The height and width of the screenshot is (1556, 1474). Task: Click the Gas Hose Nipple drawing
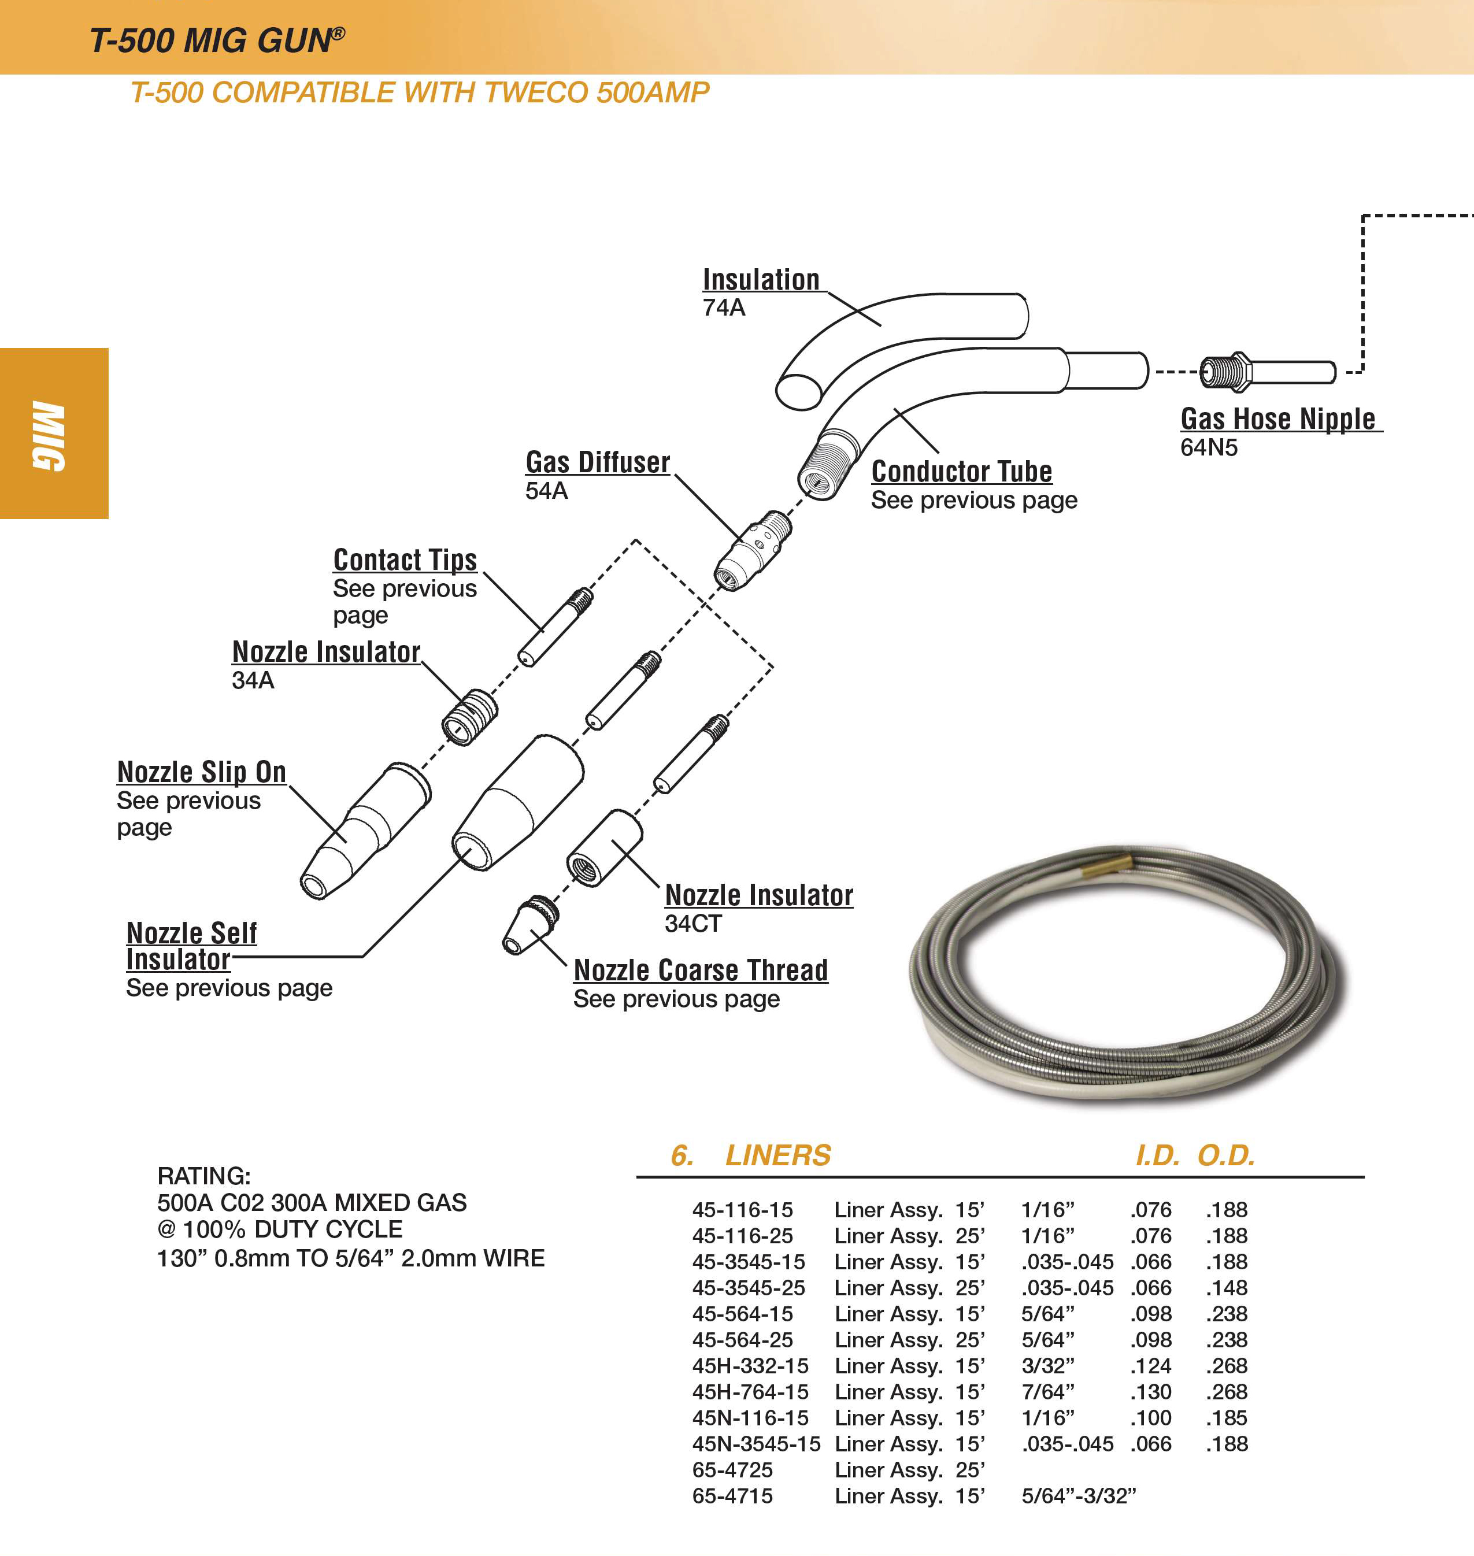[x=1266, y=371]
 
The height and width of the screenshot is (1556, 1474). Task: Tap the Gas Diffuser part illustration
[x=752, y=551]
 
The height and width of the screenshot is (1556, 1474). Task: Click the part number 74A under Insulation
[x=724, y=308]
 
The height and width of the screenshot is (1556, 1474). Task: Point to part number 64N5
[x=1209, y=447]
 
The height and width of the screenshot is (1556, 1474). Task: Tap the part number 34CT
[x=692, y=924]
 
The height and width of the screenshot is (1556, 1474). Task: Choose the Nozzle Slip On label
[x=201, y=772]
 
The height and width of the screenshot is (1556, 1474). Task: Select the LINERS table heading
[x=777, y=1155]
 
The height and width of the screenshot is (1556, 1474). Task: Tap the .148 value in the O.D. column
[x=1227, y=1288]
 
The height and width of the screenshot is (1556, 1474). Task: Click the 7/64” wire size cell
[x=1047, y=1392]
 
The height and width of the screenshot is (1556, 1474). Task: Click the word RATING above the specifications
[x=203, y=1176]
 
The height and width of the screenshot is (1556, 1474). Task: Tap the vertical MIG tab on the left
[x=49, y=435]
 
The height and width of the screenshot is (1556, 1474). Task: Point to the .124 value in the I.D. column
[x=1150, y=1366]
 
